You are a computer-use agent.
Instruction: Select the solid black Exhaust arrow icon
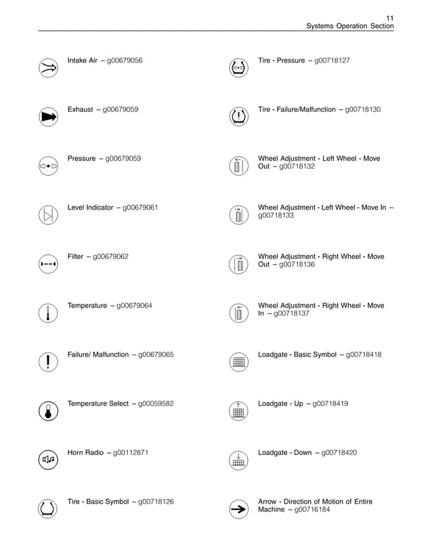[48, 116]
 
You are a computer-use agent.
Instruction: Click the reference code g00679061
[140, 207]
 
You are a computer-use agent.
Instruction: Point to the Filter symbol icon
[48, 263]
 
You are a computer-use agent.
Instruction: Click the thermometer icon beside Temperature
[48, 313]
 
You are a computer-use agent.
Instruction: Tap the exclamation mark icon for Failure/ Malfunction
[48, 361]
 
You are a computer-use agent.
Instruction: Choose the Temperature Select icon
[48, 411]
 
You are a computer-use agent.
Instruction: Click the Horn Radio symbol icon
[48, 460]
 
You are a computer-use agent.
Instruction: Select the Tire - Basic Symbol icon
[48, 508]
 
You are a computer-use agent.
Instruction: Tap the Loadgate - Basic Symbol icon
[238, 361]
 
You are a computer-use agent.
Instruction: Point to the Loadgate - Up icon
[238, 411]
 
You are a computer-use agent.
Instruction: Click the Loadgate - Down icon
[238, 460]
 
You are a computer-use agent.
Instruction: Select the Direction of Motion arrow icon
[238, 508]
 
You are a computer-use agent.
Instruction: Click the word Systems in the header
[320, 26]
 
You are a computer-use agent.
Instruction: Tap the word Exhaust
[80, 109]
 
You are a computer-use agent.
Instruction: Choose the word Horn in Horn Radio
[76, 453]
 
